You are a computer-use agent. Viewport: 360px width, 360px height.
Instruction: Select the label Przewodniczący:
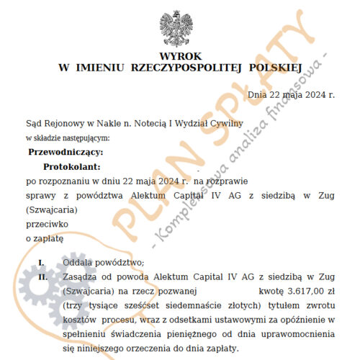click(65, 152)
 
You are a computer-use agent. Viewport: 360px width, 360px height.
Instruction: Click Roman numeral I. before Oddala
click(42, 261)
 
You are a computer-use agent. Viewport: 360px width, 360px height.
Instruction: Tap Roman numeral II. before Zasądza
click(42, 276)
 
